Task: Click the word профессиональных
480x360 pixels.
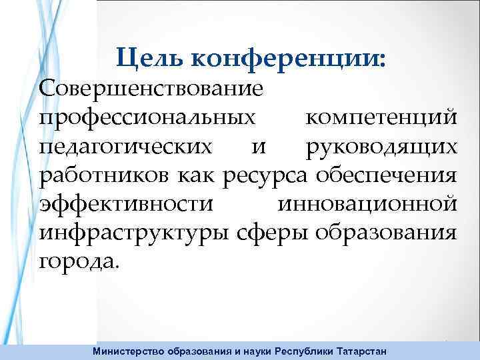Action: [147, 117]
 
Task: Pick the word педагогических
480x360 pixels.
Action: [127, 146]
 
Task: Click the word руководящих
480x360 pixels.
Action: [381, 146]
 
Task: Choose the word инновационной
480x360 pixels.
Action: [366, 203]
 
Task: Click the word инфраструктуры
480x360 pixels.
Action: [135, 233]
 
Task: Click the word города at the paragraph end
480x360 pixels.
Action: [79, 261]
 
